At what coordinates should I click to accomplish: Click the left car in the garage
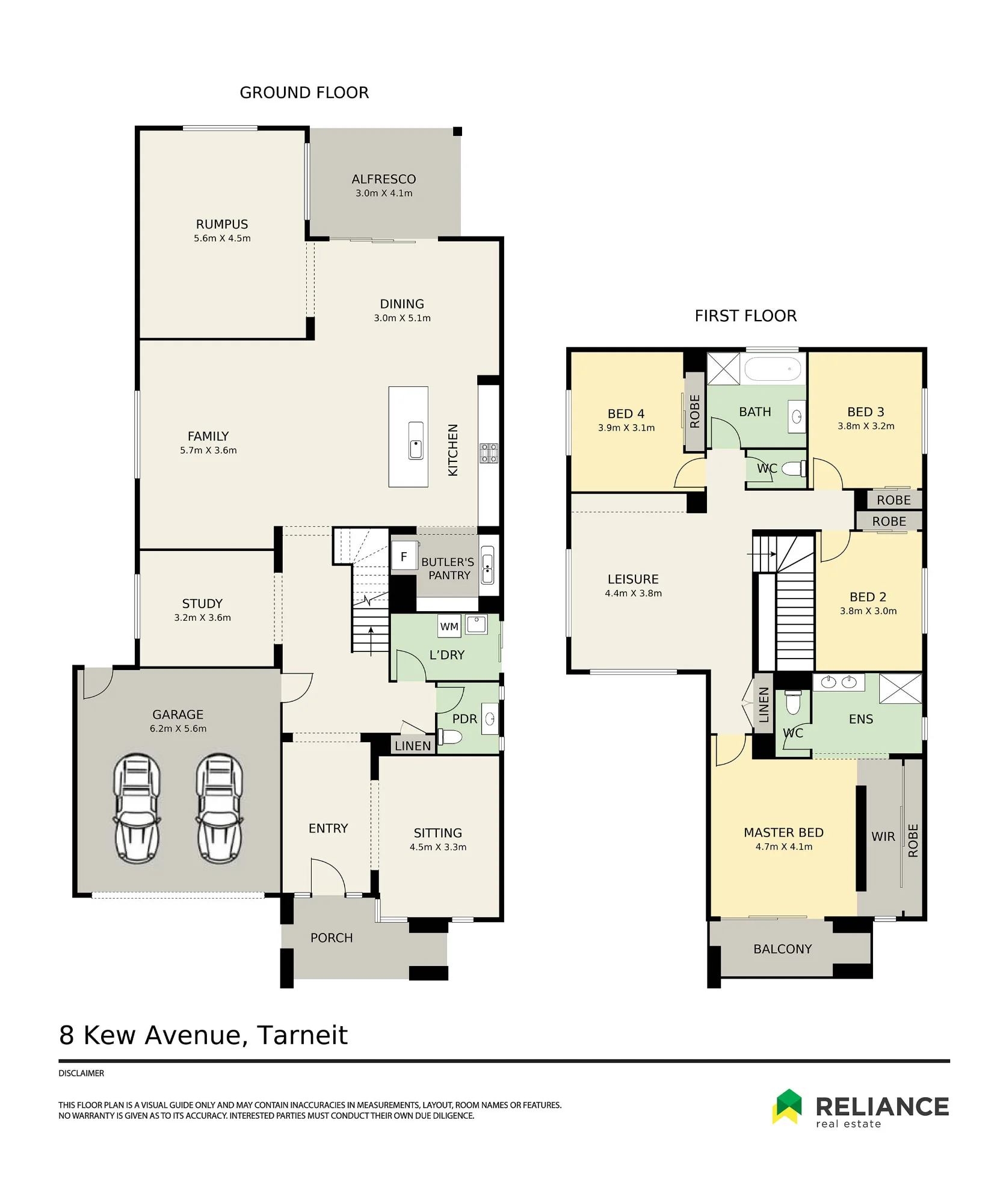point(137,808)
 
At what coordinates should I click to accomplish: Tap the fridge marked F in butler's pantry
point(404,556)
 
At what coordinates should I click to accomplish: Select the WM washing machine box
point(449,626)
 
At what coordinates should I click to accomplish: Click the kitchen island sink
point(415,440)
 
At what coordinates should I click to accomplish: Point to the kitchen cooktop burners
point(489,453)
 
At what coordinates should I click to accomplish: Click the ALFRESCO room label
point(384,179)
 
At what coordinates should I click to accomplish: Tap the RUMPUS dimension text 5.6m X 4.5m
point(222,238)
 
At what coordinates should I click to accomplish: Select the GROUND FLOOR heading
point(304,93)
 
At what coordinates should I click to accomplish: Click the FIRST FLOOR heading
point(745,316)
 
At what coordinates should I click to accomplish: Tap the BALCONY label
point(783,949)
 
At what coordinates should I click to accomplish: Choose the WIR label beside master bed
point(883,837)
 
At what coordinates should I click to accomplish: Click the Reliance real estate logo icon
point(788,1106)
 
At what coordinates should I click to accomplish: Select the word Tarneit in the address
point(302,1035)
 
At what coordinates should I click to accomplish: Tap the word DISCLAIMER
point(81,1073)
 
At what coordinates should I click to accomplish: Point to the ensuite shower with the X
point(900,688)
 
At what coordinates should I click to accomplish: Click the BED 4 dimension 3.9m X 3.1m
point(626,428)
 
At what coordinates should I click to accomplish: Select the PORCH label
point(332,938)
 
